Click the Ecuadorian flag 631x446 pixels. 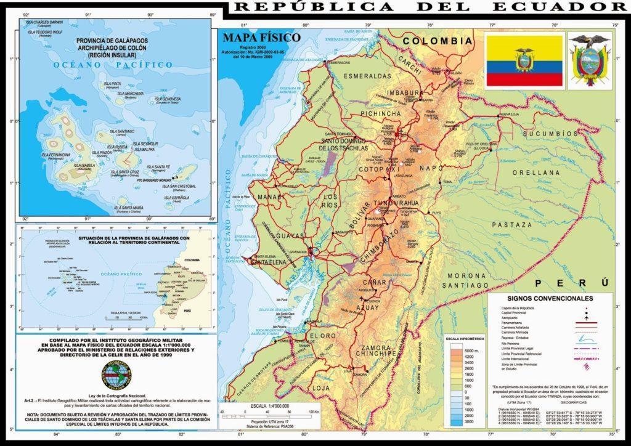[523, 60]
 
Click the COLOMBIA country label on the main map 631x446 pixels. [438, 41]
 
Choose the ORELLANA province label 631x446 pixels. [543, 173]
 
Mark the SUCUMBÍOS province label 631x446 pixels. [550, 133]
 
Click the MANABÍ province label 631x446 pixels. [269, 197]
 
